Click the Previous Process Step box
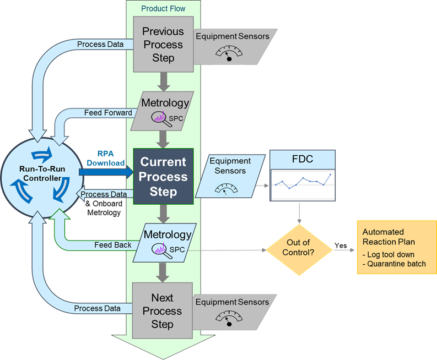[x=163, y=45]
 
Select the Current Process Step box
[x=163, y=177]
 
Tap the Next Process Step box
[x=162, y=311]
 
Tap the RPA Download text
[x=105, y=159]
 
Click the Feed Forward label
[x=108, y=113]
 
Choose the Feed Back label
[x=112, y=245]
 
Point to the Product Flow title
[x=163, y=8]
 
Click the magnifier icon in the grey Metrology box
[x=159, y=117]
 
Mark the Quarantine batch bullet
[x=395, y=264]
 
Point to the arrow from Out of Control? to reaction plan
[x=344, y=250]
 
